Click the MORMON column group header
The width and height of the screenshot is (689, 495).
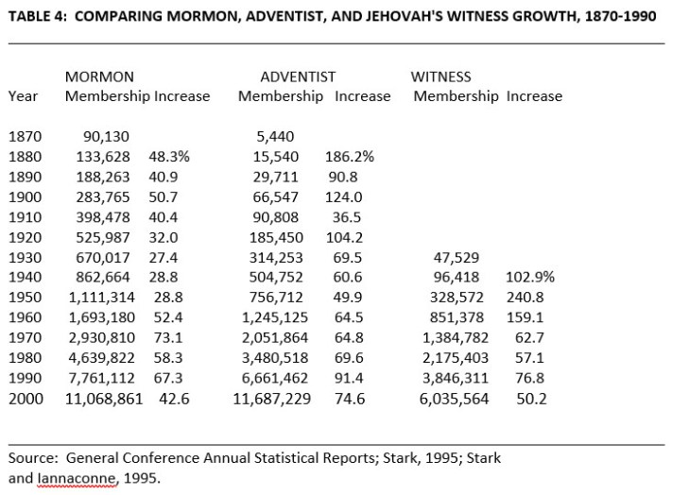click(99, 77)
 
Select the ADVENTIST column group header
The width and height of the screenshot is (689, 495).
click(298, 77)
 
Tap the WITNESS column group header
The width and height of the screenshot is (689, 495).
click(440, 77)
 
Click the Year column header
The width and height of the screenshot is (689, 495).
click(23, 96)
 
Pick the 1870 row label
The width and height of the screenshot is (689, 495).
click(24, 137)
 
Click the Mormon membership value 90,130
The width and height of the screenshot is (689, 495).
click(109, 137)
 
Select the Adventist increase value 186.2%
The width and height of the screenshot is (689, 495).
click(350, 157)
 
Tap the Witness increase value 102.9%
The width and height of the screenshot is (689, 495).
click(531, 278)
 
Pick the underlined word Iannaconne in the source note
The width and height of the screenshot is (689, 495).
click(78, 477)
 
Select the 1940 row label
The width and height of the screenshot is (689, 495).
click(24, 278)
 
